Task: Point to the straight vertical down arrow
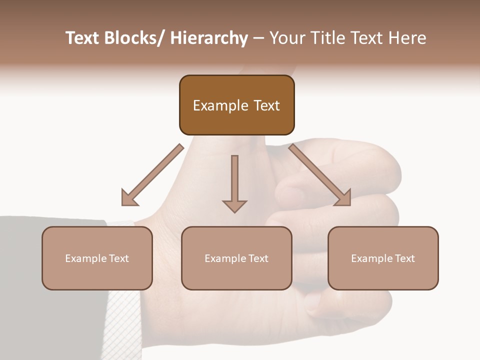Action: pyautogui.click(x=234, y=183)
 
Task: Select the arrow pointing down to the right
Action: pyautogui.click(x=320, y=175)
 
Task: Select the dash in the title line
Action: pyautogui.click(x=258, y=38)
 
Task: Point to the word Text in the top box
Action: pyautogui.click(x=266, y=106)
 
